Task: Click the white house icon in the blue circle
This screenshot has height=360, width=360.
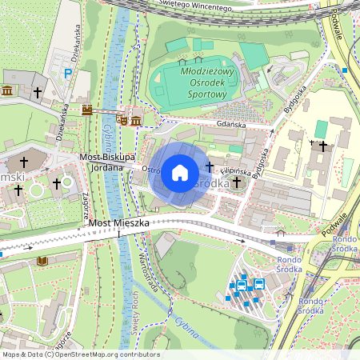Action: pyautogui.click(x=180, y=171)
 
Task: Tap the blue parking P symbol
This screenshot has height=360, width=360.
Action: pyautogui.click(x=68, y=73)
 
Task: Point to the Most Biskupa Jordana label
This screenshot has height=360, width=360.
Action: pyautogui.click(x=107, y=162)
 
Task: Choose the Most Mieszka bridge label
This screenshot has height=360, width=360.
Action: pyautogui.click(x=118, y=223)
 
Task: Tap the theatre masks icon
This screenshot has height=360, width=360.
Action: pyautogui.click(x=122, y=120)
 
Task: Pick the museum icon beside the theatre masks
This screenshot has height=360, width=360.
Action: pyautogui.click(x=136, y=121)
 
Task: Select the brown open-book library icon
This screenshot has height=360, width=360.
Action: pyautogui.click(x=42, y=261)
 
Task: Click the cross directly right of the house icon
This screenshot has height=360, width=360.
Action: pyautogui.click(x=210, y=166)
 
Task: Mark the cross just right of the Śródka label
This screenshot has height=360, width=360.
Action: pyautogui.click(x=237, y=183)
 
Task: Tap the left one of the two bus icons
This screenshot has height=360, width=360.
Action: pyautogui.click(x=241, y=284)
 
